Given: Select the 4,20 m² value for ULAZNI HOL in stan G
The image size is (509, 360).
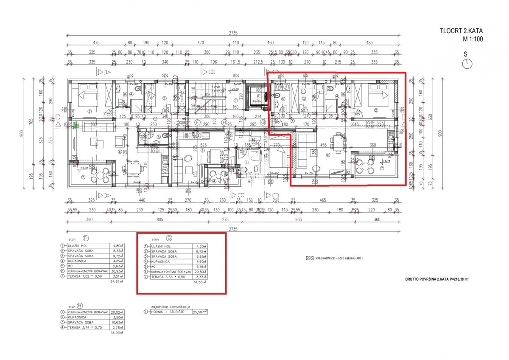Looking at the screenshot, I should pos(200,246).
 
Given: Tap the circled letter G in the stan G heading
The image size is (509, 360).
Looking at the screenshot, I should pos(170,239).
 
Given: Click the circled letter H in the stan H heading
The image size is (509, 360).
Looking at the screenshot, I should pos(80,305).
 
